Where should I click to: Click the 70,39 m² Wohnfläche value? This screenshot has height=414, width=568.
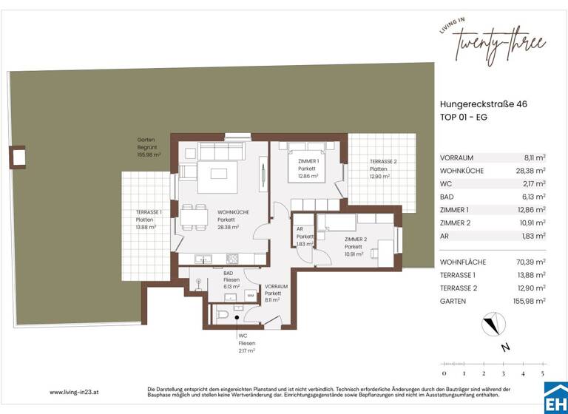(x=530, y=262)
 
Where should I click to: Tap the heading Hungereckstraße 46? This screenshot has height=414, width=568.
(x=483, y=105)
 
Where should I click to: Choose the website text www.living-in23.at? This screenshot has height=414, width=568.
(x=76, y=392)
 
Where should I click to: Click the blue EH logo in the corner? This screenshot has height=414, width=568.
(x=555, y=400)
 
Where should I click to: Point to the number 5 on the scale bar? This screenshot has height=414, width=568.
(x=542, y=374)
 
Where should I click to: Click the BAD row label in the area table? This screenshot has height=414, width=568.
(x=447, y=197)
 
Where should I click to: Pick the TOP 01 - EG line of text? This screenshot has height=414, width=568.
(x=464, y=118)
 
